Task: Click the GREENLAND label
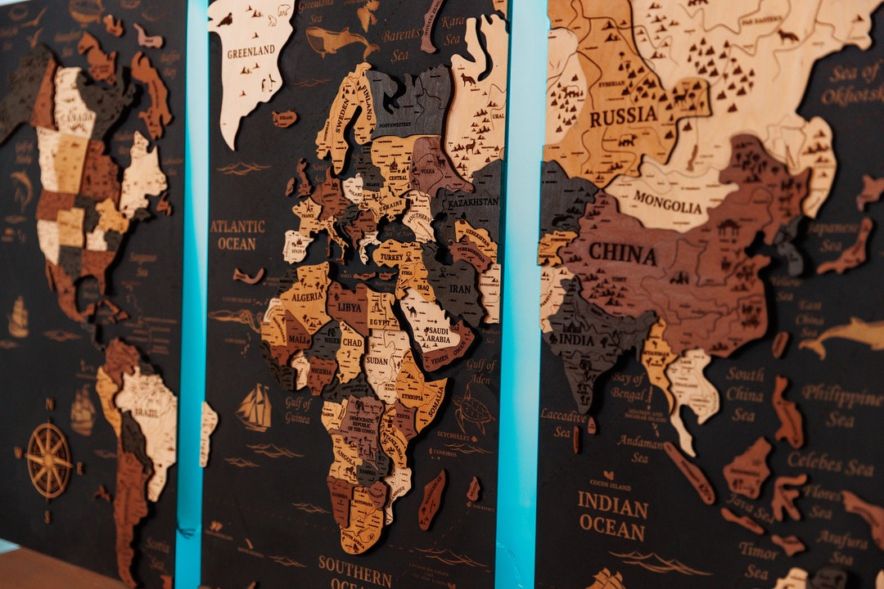pos(251,50)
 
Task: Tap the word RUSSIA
pos(624,116)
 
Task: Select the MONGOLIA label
pos(667,202)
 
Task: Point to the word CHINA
pos(622,254)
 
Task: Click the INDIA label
pos(577,339)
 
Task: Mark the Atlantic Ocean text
pos(237,235)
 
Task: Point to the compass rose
pos(49,461)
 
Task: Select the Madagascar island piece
pos(431,499)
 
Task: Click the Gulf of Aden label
pos(481,373)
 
